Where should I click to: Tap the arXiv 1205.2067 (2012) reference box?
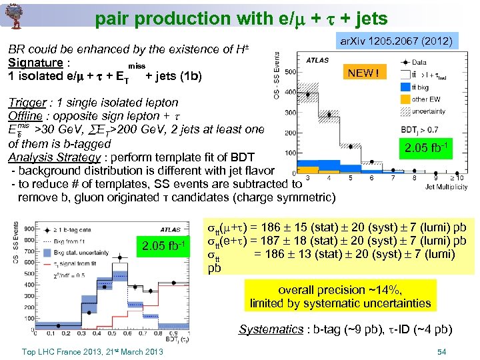397,42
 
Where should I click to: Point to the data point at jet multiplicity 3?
307,94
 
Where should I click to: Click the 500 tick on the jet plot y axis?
290,71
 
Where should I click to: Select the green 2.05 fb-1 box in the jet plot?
425,148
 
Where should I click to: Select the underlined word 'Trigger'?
26,103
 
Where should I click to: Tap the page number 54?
440,351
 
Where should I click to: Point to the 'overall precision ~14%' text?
340,291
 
